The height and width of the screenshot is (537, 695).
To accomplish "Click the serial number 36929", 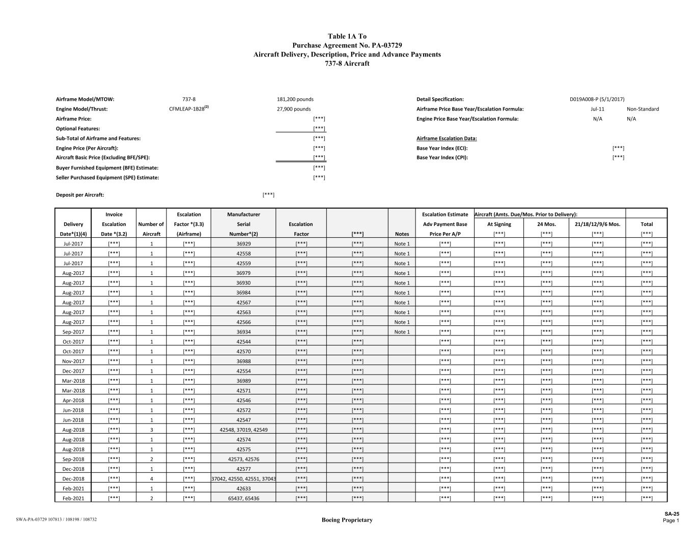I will pyautogui.click(x=243, y=244).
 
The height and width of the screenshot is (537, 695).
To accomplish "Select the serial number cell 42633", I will pyautogui.click(x=243, y=489).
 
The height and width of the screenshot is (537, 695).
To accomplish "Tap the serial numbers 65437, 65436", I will pyautogui.click(x=243, y=498).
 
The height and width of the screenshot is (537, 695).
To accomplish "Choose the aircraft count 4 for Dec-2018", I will pyautogui.click(x=151, y=479).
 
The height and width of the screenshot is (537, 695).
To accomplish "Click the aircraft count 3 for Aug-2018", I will pyautogui.click(x=151, y=430).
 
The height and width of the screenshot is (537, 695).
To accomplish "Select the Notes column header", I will pyautogui.click(x=402, y=234).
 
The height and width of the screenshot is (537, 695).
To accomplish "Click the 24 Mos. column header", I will pyautogui.click(x=546, y=224).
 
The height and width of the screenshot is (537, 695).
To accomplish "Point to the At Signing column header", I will pyautogui.click(x=499, y=224).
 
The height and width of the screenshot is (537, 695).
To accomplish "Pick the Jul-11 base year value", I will pyautogui.click(x=597, y=109).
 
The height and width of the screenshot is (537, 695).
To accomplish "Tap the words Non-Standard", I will pyautogui.click(x=643, y=109).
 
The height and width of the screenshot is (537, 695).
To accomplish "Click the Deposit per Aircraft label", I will pyautogui.click(x=80, y=195).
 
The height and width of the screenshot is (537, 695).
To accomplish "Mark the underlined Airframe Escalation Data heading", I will pyautogui.click(x=447, y=138).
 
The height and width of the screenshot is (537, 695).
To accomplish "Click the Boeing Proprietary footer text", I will pyautogui.click(x=347, y=520).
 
